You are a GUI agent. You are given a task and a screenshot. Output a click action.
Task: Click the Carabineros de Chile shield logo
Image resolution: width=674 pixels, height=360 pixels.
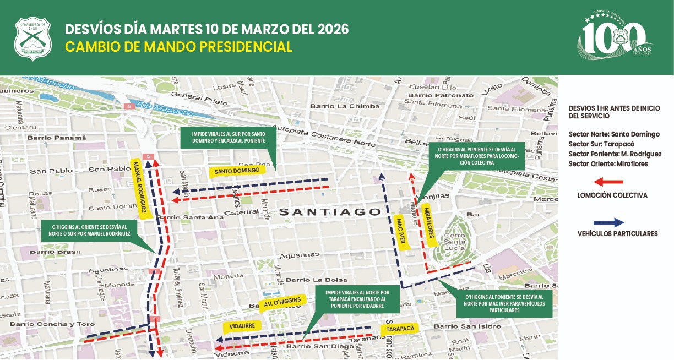(32, 39)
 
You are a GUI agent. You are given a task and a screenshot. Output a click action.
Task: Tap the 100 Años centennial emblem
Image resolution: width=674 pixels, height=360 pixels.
(614, 37)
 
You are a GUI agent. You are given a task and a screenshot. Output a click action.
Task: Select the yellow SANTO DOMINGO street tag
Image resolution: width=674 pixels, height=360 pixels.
(237, 171)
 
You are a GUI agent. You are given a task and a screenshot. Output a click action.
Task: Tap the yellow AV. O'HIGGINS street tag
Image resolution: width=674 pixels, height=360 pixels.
(281, 302)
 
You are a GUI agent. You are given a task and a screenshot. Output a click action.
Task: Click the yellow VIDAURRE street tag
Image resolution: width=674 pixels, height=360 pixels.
(242, 326)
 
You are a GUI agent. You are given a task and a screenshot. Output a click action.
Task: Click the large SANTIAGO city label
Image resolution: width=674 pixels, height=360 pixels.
(329, 212)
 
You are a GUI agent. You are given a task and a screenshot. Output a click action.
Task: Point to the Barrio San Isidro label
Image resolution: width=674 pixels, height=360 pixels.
(468, 326)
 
